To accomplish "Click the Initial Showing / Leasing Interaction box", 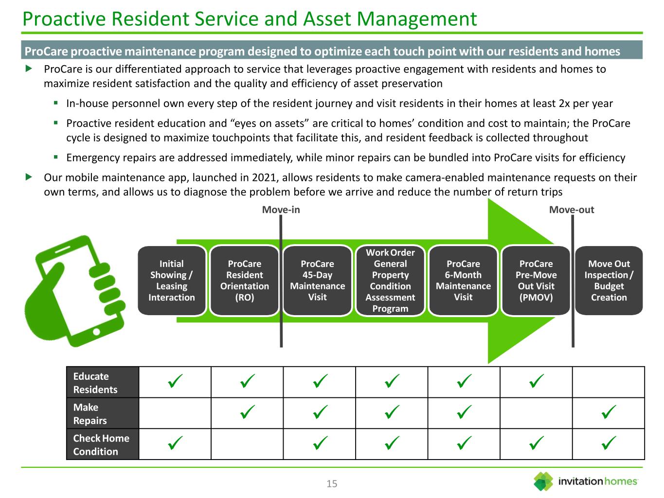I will point(172,281).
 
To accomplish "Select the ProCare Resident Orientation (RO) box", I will point(244,281).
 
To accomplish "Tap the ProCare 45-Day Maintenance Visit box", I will point(317,281).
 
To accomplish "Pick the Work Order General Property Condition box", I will point(390,281).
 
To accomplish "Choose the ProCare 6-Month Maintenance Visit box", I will point(463,281).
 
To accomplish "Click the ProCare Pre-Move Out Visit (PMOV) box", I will point(536,281).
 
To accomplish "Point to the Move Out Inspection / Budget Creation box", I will point(609,281).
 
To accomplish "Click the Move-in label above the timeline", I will point(281,210).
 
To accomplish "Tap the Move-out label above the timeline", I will point(572,210).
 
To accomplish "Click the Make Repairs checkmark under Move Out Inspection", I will point(609,413).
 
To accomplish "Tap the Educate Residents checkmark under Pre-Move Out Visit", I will point(536,382).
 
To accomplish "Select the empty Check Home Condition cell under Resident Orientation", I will point(247,445).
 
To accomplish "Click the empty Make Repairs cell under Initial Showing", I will point(175,413).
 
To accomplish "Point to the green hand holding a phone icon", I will point(78,292).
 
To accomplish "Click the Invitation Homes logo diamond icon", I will point(543,481).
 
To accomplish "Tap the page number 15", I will point(332,483).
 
